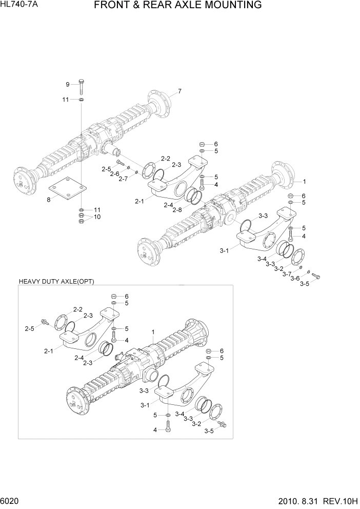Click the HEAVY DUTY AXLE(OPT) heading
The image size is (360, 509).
(x=56, y=282)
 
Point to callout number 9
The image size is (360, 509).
(x=67, y=84)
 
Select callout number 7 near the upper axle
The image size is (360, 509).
(x=179, y=92)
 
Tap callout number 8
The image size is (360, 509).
(x=49, y=200)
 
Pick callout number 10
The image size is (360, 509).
(x=97, y=217)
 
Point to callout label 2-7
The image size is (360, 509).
(x=123, y=179)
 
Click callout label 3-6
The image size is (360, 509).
(x=295, y=279)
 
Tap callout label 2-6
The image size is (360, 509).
(x=114, y=174)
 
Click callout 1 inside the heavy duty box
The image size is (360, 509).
(x=153, y=332)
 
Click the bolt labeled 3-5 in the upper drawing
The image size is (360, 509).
(x=315, y=277)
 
